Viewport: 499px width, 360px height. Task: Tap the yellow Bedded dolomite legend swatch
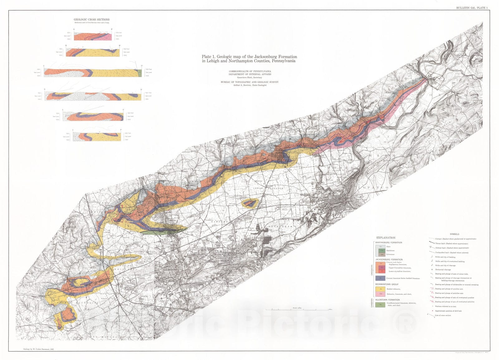click(x=381, y=289)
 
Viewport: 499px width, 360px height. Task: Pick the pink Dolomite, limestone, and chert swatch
click(x=381, y=294)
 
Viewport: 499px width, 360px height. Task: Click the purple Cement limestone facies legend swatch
click(x=380, y=278)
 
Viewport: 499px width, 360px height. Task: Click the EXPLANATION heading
click(x=386, y=238)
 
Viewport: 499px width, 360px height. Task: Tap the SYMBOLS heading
click(x=454, y=234)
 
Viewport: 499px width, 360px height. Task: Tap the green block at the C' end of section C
click(x=139, y=73)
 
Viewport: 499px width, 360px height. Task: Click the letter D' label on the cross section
click(x=141, y=90)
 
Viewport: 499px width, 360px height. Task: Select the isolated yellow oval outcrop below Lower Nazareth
click(x=249, y=204)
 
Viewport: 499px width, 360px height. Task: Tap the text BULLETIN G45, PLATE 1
click(x=472, y=7)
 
